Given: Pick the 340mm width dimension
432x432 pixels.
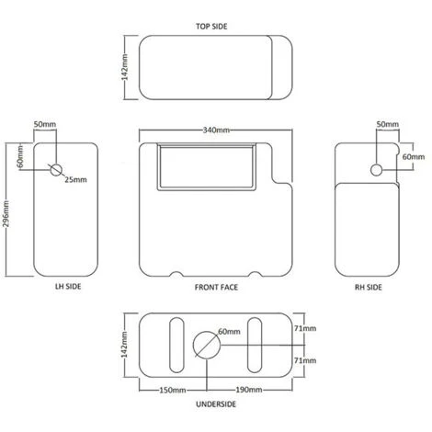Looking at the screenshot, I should click(x=217, y=130).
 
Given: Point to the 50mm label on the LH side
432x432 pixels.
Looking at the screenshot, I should click(x=45, y=123).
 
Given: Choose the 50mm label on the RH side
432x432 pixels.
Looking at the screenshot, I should click(x=387, y=123).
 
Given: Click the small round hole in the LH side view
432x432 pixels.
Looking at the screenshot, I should click(x=55, y=170).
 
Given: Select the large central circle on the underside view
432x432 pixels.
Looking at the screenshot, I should click(x=206, y=346).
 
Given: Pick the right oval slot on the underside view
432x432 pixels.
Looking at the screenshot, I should click(x=258, y=344).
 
